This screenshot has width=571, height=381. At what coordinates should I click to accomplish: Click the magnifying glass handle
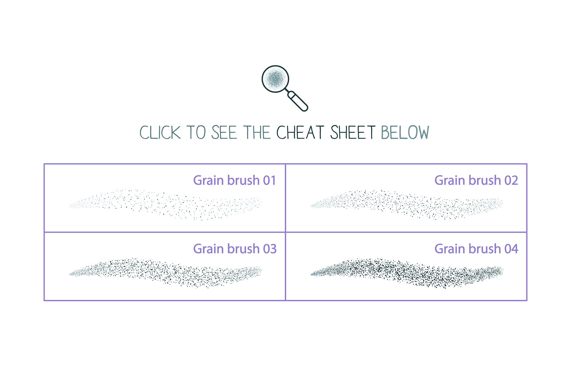[x=298, y=101]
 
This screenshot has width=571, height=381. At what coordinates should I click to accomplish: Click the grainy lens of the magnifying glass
[x=275, y=79]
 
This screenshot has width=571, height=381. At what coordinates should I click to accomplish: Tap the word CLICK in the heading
[x=160, y=133]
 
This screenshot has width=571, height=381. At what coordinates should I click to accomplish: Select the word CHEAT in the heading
[x=300, y=133]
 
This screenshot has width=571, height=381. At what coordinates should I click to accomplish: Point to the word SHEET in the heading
[x=353, y=133]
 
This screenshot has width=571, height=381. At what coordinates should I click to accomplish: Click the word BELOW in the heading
[x=405, y=133]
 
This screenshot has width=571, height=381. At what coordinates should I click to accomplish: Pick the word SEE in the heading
[x=224, y=133]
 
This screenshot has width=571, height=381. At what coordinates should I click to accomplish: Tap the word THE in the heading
[x=257, y=133]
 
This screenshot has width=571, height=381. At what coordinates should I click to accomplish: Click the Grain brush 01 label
[x=234, y=181]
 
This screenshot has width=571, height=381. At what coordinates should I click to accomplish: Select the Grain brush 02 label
[x=476, y=181]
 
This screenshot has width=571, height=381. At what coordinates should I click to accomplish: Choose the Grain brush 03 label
[x=234, y=249]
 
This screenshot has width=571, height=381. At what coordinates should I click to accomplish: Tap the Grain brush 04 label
[x=476, y=249]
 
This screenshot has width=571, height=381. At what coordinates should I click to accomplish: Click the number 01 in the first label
[x=269, y=181]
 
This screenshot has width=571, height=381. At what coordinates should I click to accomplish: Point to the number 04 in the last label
[x=511, y=249]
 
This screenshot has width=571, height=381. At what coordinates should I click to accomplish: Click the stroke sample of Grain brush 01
[x=165, y=204]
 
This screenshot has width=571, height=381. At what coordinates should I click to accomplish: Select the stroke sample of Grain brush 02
[x=407, y=204]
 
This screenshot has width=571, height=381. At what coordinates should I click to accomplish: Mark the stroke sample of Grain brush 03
[x=165, y=272]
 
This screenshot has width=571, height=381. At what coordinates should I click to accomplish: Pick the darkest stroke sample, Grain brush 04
[x=407, y=272]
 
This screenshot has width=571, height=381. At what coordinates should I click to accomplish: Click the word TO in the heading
[x=196, y=133]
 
